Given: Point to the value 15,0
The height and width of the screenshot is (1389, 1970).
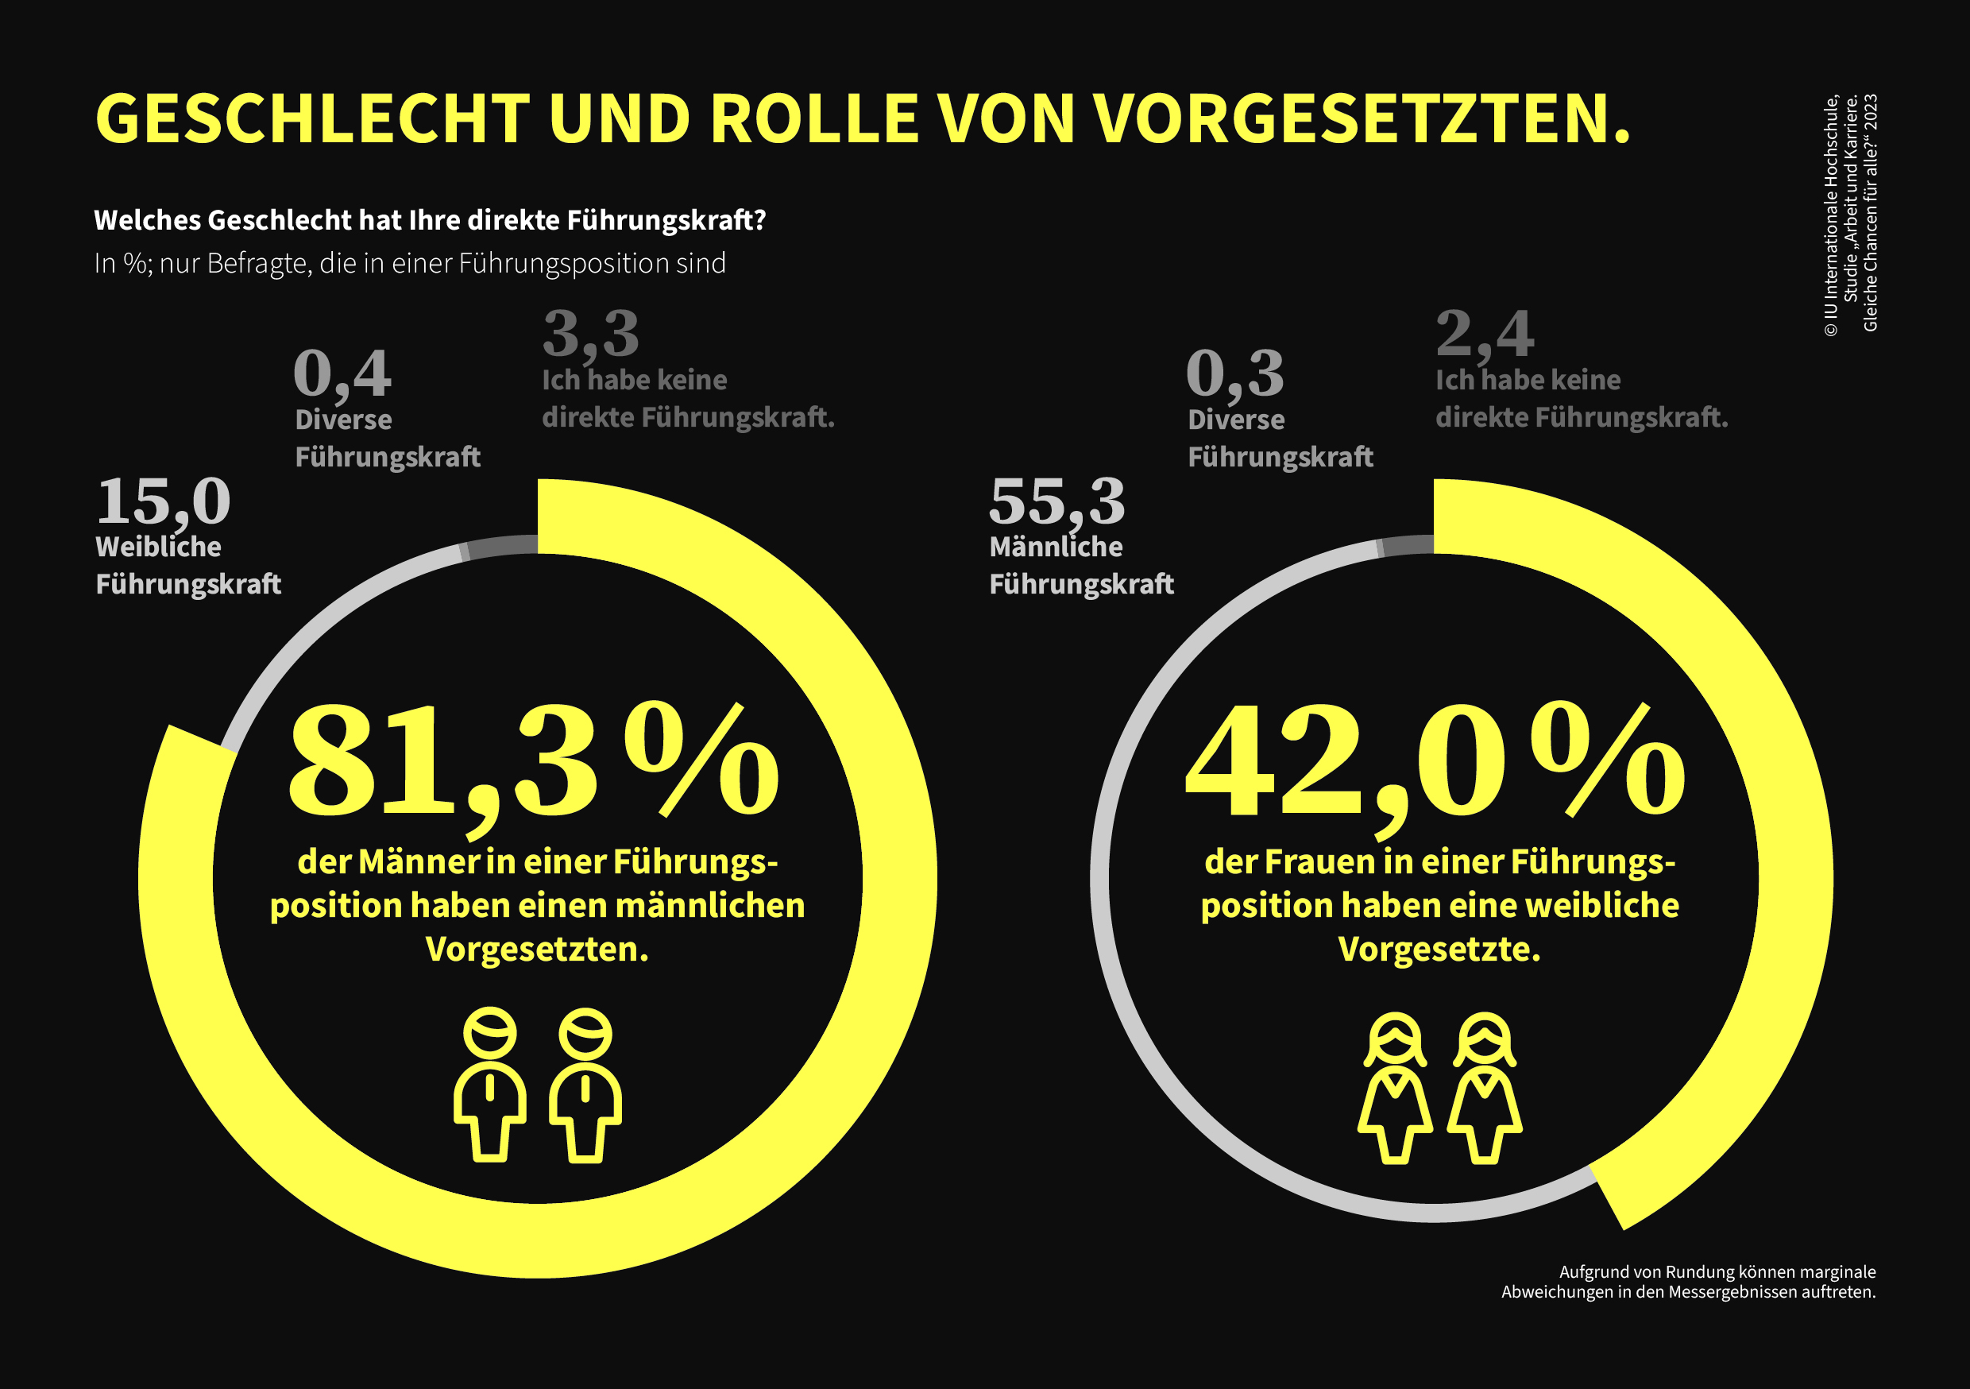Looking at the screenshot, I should point(163,501).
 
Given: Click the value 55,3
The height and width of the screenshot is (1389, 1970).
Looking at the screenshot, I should point(1056,501).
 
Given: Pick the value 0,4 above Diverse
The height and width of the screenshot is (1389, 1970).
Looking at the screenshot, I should point(342,374).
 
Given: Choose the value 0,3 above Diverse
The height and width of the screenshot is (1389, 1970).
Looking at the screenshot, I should point(1234,374).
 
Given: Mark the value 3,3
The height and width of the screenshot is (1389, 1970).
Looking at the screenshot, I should point(591,334).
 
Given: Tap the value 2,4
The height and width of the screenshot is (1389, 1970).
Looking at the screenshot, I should point(1485,334).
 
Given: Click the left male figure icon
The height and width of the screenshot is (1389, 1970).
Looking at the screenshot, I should point(490,1085).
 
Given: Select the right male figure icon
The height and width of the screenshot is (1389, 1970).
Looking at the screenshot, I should point(585,1085).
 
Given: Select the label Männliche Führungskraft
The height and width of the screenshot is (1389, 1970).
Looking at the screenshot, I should point(1081,566).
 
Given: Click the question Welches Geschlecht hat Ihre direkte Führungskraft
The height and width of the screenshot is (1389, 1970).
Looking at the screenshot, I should point(429,221).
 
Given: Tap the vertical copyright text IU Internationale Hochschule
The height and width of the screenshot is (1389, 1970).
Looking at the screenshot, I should point(1831,215).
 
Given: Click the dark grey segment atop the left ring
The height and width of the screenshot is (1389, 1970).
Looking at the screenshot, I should point(503,547).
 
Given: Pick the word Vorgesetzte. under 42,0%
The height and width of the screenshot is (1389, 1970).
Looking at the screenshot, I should point(1439,950).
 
